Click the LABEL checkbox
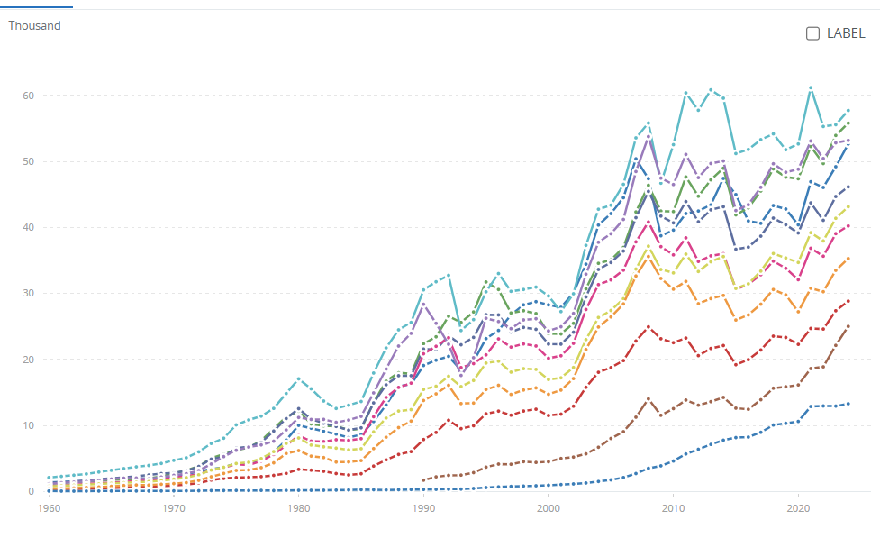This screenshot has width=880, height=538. tap(812, 33)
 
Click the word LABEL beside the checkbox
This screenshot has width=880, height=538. tap(846, 33)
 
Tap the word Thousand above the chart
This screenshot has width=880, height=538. tap(34, 25)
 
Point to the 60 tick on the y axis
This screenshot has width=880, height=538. tap(29, 96)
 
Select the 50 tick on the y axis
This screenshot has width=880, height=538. tap(29, 161)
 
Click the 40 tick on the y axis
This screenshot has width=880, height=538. tap(29, 227)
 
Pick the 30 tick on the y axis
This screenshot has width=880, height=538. tap(29, 294)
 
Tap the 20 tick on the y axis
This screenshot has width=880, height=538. tap(29, 360)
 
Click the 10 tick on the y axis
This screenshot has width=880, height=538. tap(29, 425)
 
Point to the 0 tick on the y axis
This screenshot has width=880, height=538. tap(32, 492)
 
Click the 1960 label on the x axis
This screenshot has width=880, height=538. tap(50, 509)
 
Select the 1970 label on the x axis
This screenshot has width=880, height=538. tap(174, 509)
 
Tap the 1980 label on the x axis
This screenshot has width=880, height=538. tap(299, 509)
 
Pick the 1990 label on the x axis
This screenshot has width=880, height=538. tap(423, 509)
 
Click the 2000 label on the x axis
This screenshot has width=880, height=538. tap(549, 509)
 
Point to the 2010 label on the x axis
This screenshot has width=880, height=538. tap(673, 509)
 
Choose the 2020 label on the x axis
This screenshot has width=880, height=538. tap(798, 509)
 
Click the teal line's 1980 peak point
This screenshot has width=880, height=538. tap(299, 378)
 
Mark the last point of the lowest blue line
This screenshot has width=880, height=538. tap(848, 404)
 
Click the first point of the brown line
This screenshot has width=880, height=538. tap(423, 480)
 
